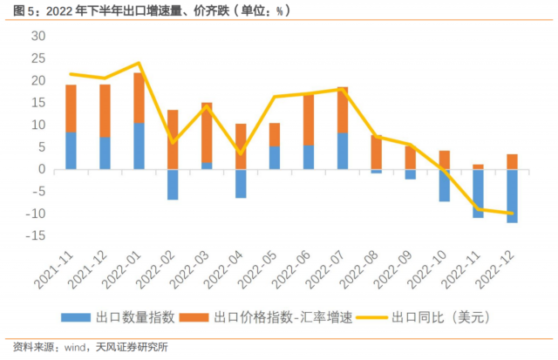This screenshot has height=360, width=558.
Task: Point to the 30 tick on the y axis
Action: [37, 36]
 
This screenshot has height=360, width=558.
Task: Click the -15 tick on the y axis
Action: [35, 236]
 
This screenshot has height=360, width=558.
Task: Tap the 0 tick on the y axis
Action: [40, 169]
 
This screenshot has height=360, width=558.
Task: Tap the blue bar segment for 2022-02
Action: [173, 184]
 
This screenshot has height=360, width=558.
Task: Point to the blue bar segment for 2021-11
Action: [71, 150]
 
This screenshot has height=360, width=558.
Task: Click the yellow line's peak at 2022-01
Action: [139, 63]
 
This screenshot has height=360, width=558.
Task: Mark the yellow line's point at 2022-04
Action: [241, 153]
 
